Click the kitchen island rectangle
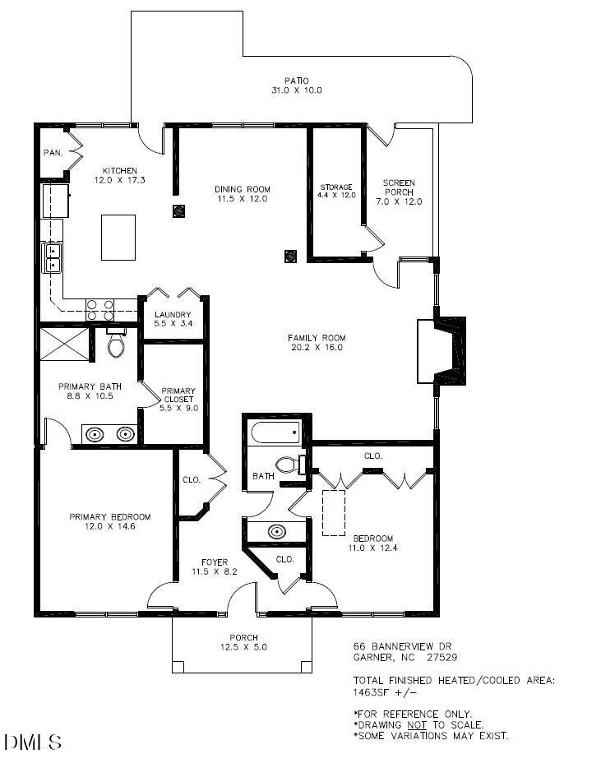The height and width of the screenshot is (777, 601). (x=118, y=238)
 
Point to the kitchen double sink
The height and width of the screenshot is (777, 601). (x=53, y=257)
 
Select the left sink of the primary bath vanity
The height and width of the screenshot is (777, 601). (x=95, y=433)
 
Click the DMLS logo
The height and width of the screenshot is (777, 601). (x=33, y=742)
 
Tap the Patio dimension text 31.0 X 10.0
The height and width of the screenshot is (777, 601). (x=296, y=90)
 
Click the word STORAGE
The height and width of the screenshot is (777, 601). (x=336, y=187)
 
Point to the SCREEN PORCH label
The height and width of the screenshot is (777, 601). (x=399, y=187)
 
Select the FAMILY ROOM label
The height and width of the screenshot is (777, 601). (x=316, y=338)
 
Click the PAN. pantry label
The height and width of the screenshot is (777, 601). (x=53, y=153)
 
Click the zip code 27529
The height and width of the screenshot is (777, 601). (x=442, y=657)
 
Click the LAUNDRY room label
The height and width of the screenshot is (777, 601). (x=173, y=315)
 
